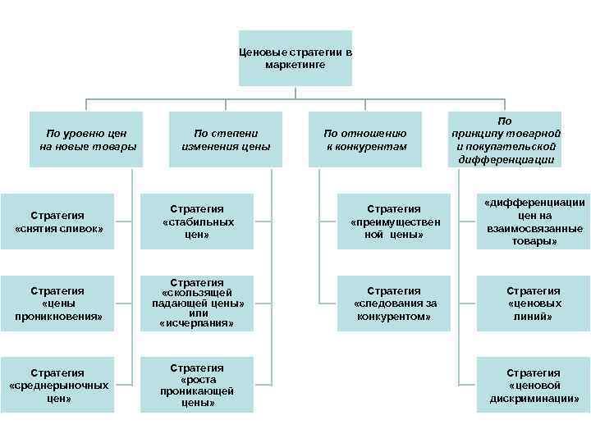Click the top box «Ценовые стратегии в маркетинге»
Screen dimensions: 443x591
point(295,58)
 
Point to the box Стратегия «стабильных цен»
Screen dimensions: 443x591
point(198,222)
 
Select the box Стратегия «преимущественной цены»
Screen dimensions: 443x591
point(394,222)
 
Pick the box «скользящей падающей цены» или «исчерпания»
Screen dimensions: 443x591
point(198,304)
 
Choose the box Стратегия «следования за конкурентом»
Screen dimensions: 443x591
point(394,304)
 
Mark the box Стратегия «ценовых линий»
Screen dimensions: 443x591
point(534,304)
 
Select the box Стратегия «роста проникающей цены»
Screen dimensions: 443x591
point(198,386)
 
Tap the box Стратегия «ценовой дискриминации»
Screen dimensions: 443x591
point(534,386)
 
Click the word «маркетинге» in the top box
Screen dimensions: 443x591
point(295,64)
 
